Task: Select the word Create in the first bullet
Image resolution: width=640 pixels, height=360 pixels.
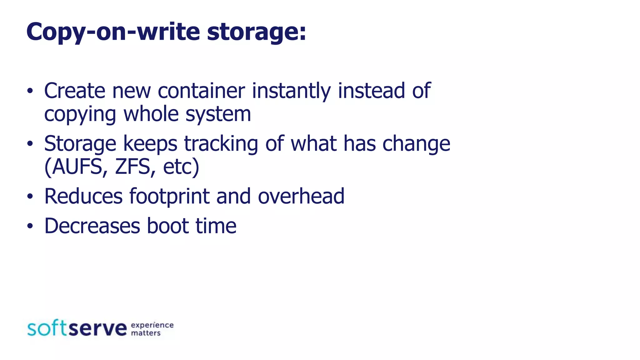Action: [x=75, y=91]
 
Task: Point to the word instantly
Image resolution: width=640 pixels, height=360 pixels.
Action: [x=291, y=91]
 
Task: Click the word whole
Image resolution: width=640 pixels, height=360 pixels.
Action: [x=151, y=114]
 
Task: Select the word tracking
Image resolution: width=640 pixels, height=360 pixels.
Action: [x=221, y=144]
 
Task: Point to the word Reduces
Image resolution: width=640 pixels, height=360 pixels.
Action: [x=83, y=196]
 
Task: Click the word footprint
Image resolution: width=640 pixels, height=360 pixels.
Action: [x=169, y=197]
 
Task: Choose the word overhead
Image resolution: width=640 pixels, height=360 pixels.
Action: [x=301, y=196]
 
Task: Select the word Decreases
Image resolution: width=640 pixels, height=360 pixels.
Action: [x=92, y=226]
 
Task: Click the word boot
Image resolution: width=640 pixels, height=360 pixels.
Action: [x=168, y=226]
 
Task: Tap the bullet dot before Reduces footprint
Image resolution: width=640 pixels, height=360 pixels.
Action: [x=30, y=197]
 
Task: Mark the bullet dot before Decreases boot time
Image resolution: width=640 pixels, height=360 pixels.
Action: [x=30, y=226]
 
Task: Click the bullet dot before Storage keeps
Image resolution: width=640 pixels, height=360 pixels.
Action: [x=30, y=144]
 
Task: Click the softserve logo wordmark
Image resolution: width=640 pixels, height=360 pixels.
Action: [x=77, y=328]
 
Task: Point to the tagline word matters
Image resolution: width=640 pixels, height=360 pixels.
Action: [x=146, y=333]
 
